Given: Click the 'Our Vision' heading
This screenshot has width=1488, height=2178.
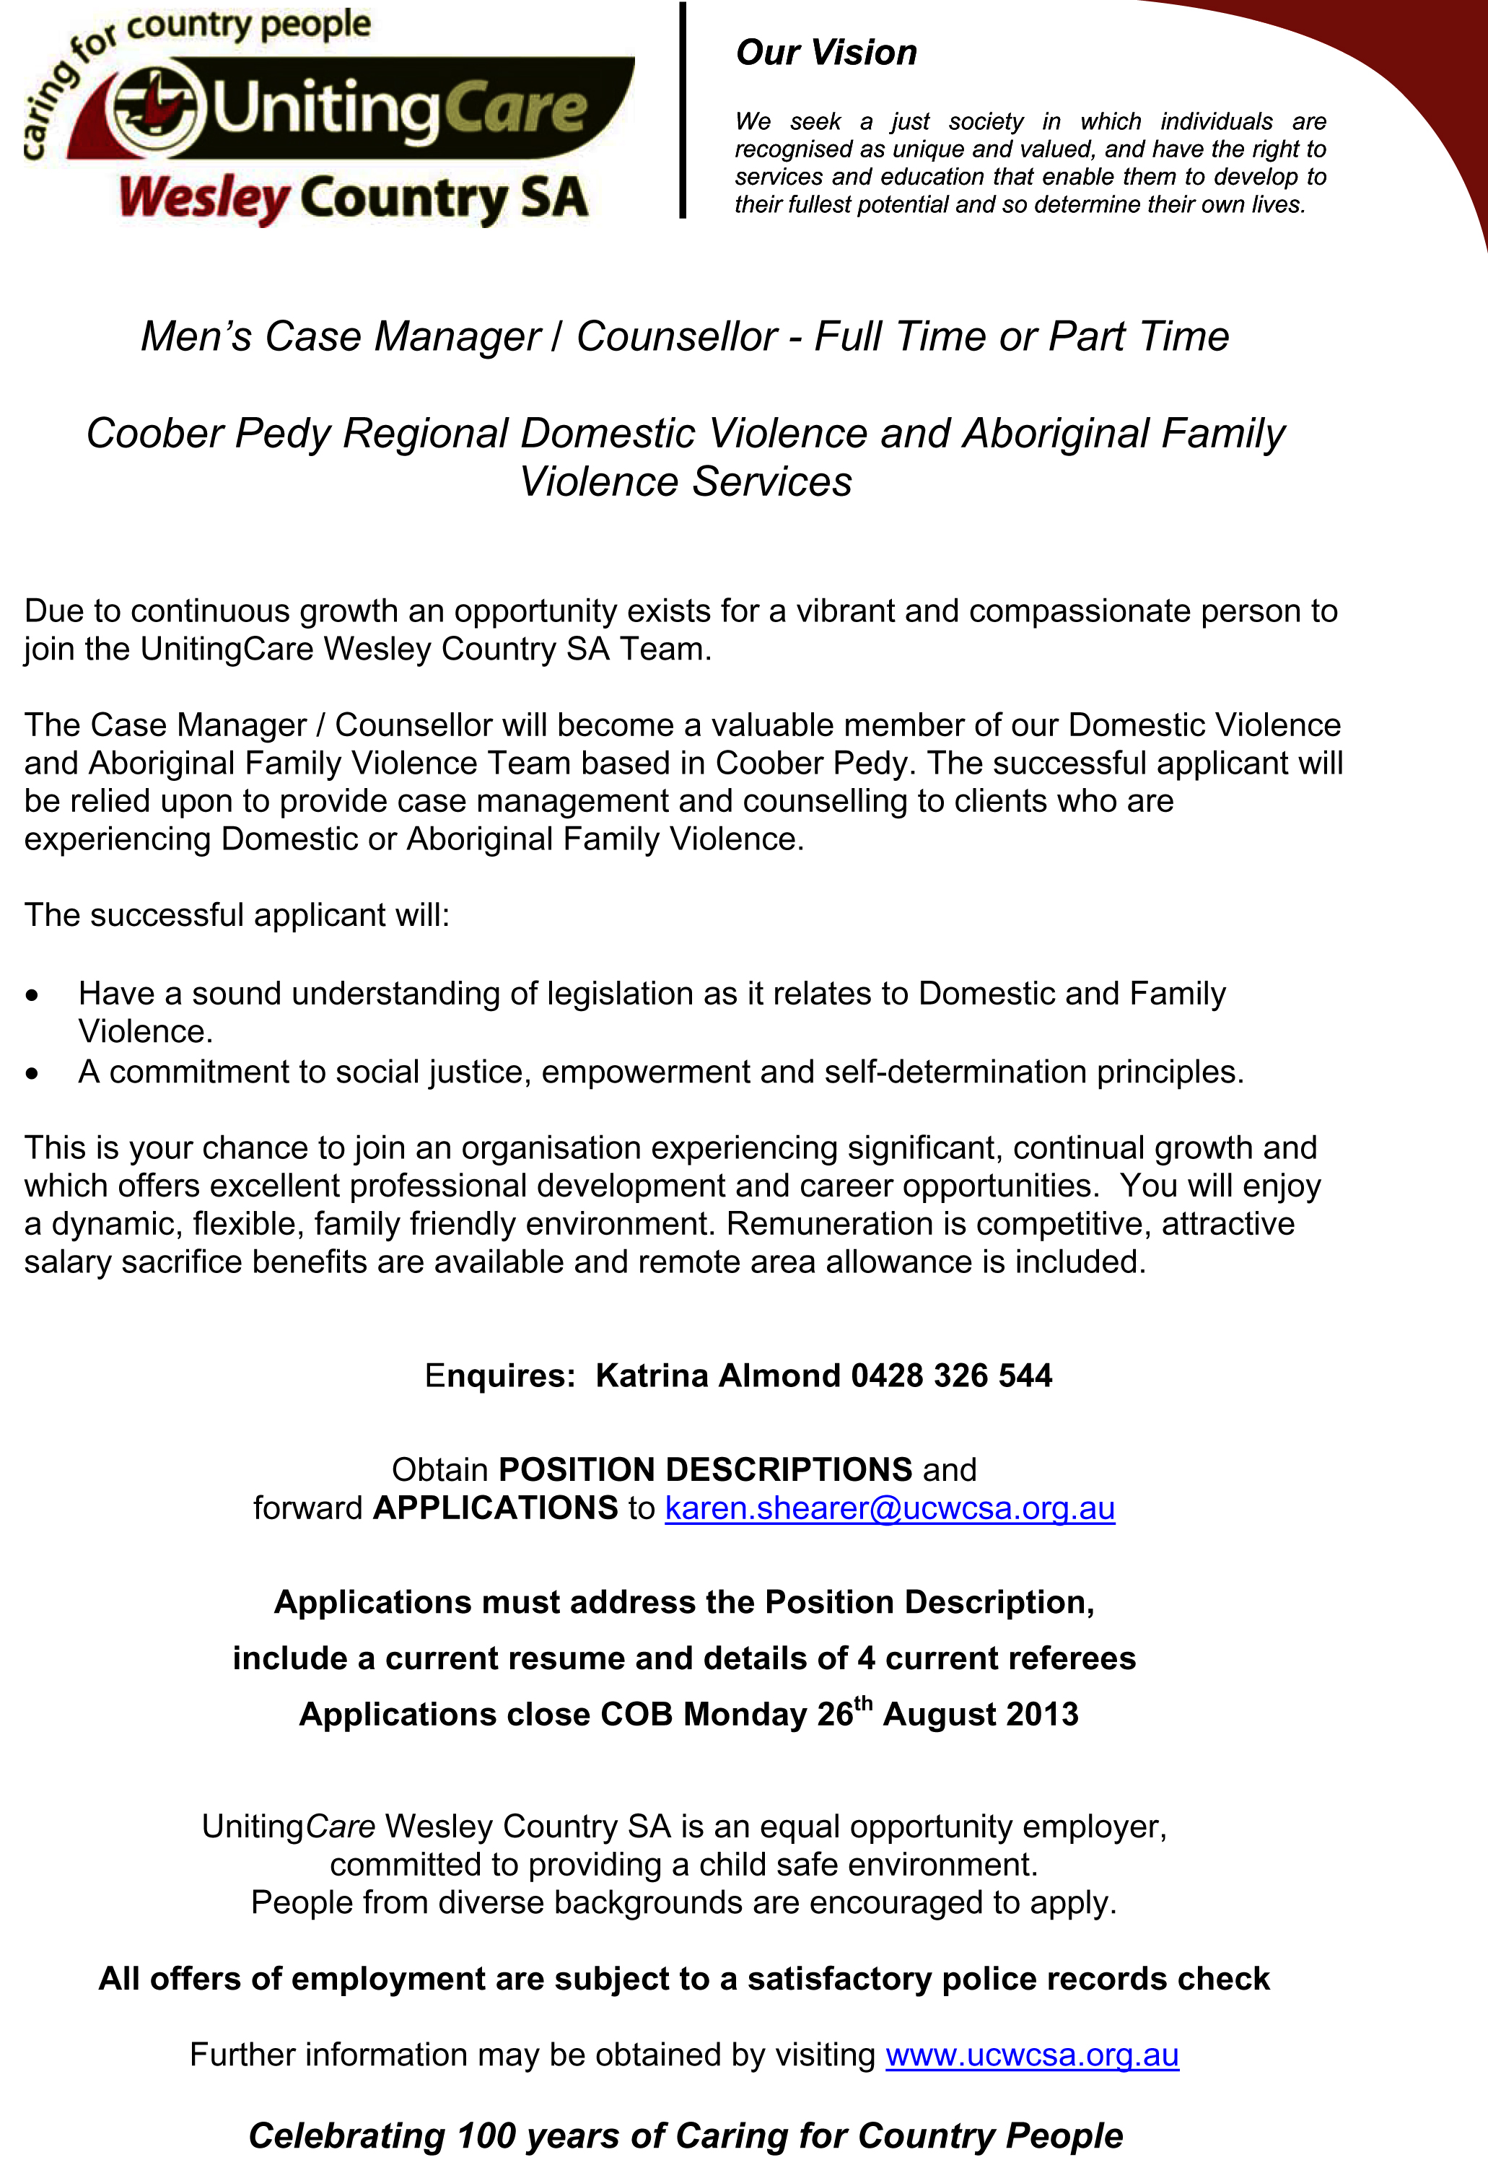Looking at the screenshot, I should (x=826, y=53).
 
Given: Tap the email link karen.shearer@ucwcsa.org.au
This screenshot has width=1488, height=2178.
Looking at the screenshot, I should (x=889, y=1508).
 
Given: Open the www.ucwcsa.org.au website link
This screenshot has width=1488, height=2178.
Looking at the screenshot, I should (x=1032, y=2055).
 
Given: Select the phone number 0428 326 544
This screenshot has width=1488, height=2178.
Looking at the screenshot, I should (x=951, y=1375).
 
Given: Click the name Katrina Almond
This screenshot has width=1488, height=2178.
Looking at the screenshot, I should (x=718, y=1375).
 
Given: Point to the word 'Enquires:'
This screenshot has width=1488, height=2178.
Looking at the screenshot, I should (x=499, y=1376).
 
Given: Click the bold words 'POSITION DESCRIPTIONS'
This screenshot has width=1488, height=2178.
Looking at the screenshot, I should (x=704, y=1469).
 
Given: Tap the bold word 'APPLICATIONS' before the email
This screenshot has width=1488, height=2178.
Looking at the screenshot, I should (x=495, y=1508).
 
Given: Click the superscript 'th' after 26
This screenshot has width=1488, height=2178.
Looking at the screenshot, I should (x=863, y=1703).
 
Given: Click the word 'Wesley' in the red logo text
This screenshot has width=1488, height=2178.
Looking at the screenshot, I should (x=204, y=198).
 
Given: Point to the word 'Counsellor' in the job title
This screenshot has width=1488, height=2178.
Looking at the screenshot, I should (x=677, y=336).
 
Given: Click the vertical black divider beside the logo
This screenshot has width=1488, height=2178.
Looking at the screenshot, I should (x=683, y=110).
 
